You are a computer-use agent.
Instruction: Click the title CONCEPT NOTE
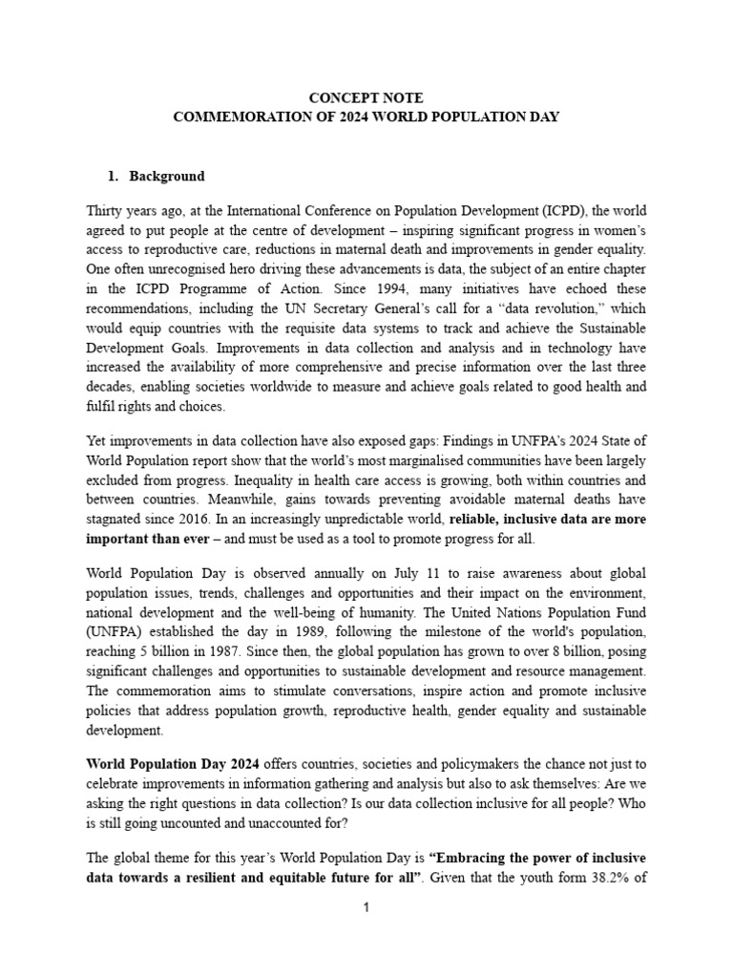coord(366,97)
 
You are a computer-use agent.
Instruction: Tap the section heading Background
coord(167,177)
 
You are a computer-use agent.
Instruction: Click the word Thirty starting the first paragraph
coord(105,210)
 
